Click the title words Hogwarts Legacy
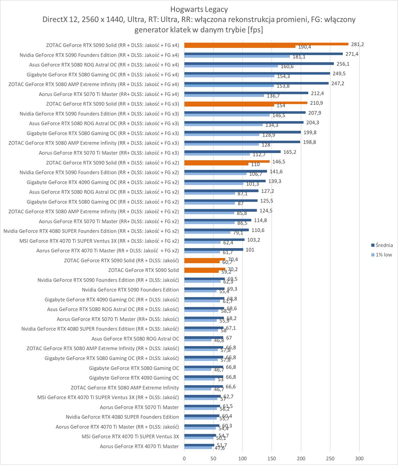coord(199,9)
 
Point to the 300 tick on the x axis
coord(359,458)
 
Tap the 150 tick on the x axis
coord(272,458)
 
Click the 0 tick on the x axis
coord(184,458)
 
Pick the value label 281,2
coord(357,44)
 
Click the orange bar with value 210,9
coord(246,103)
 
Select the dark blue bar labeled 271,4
coord(263,54)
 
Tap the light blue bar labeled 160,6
coord(231,66)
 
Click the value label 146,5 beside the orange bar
coord(279,162)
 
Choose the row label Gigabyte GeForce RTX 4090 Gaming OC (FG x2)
coord(103,182)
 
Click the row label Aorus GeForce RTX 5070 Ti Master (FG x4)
coord(109,94)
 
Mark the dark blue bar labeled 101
coord(214,250)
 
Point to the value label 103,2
coord(253,240)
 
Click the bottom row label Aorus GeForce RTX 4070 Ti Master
coord(139,446)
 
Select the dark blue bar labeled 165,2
coord(232,152)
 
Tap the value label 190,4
coord(305,47)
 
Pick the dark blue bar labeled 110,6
coord(217,230)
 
